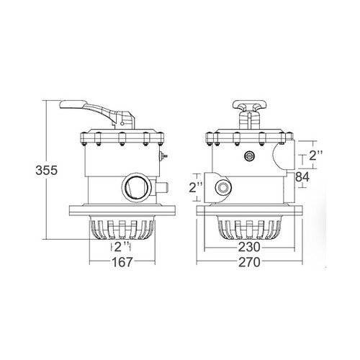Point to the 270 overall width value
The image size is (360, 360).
tap(251, 263)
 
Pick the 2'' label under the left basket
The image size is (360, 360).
tap(121, 247)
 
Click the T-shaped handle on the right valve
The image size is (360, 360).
tap(250, 109)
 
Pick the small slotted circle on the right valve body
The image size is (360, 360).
tap(251, 155)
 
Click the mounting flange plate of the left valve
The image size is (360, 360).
tap(120, 213)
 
